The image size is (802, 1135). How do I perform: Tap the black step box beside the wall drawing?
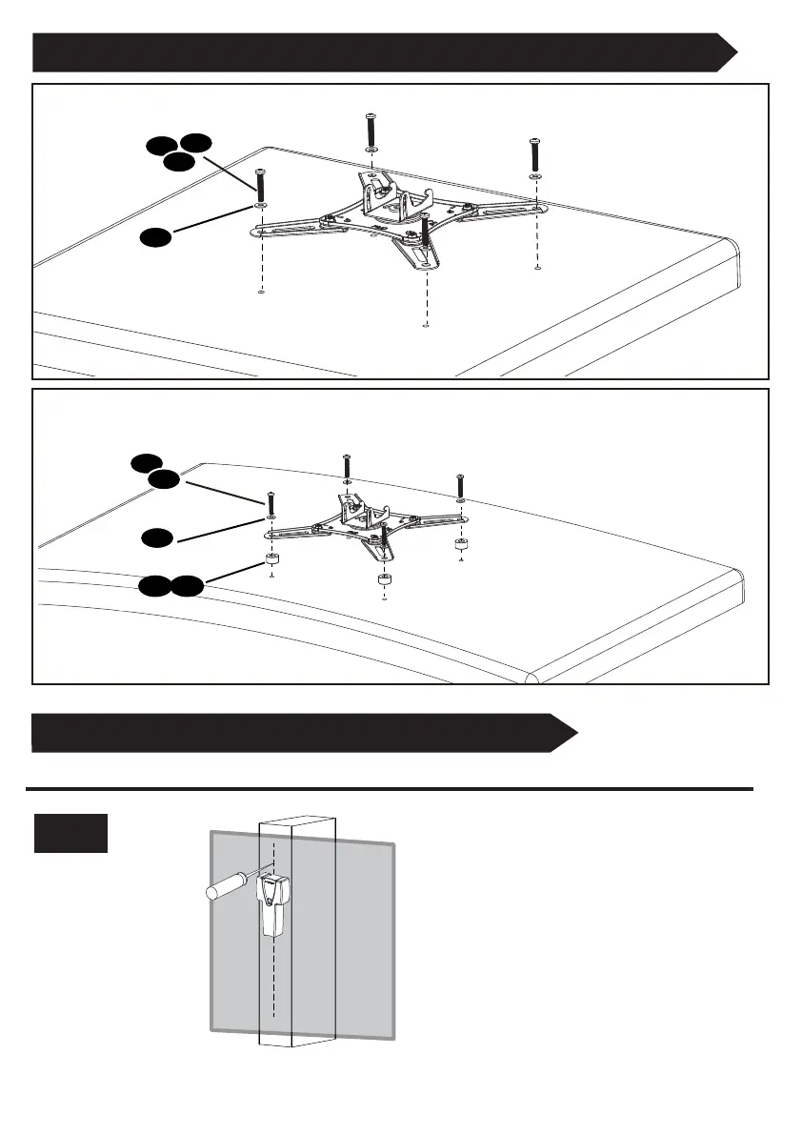coord(70,833)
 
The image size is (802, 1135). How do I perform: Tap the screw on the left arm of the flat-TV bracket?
coord(260,183)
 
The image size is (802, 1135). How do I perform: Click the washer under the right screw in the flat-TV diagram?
coord(535,177)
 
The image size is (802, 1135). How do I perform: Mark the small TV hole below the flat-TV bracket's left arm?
coord(260,294)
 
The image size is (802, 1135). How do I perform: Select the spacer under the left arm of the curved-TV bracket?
coord(271,558)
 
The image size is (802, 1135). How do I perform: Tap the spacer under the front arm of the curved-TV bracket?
coord(384,579)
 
